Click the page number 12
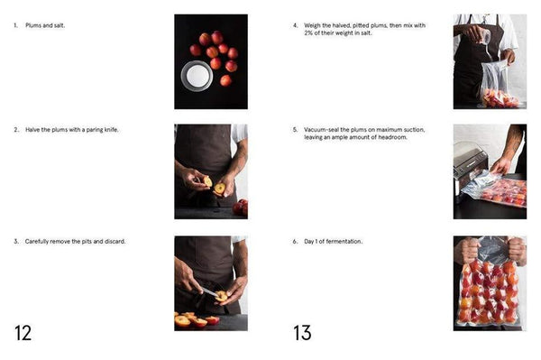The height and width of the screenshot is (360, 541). [x=23, y=333]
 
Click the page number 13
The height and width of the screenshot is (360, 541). [x=302, y=333]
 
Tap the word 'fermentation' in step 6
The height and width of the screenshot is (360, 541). [x=343, y=242]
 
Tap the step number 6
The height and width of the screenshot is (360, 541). [x=295, y=242]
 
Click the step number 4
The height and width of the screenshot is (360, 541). [x=295, y=25]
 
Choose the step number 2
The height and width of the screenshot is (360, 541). [x=16, y=130]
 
